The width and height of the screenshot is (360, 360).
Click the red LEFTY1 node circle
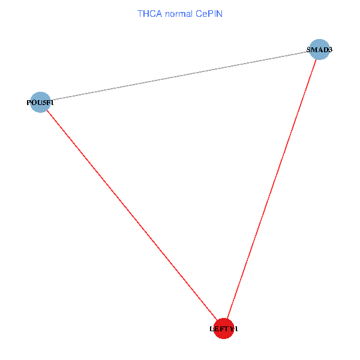tap(223, 328)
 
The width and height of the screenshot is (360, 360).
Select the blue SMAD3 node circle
tap(319, 49)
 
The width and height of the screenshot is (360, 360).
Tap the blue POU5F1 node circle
tap(40, 102)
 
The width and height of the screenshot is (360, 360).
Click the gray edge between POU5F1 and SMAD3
tap(180, 76)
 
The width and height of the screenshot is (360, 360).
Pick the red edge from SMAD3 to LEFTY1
tap(271, 188)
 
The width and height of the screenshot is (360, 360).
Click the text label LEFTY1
tap(223, 329)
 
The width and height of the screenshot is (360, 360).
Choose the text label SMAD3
tap(319, 50)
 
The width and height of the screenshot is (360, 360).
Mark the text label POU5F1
tap(40, 103)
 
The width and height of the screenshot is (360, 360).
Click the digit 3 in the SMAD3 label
tap(329, 50)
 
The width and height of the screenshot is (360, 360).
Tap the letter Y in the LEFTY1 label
tap(230, 329)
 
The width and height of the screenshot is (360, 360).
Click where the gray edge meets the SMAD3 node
tap(308, 52)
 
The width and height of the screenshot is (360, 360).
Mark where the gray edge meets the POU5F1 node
tap(50, 100)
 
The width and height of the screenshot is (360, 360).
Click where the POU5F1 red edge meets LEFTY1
tap(217, 320)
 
